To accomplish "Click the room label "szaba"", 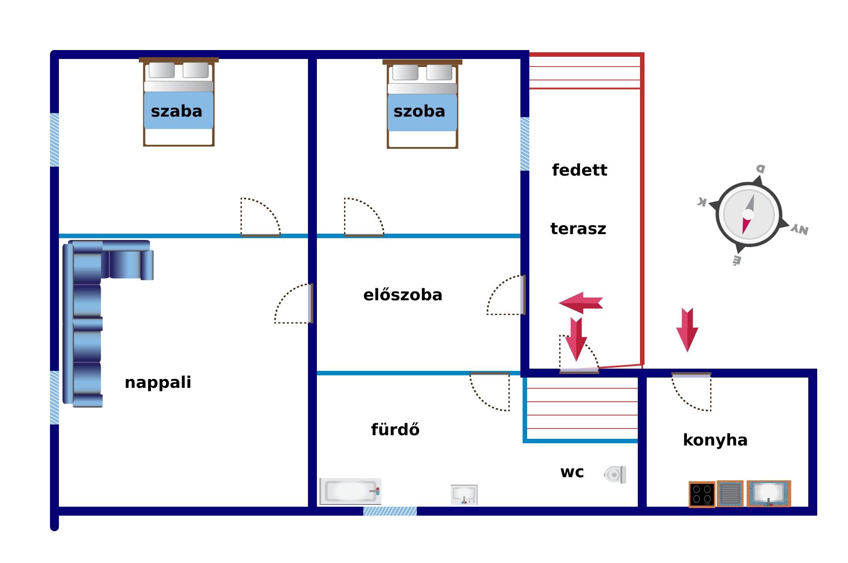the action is click(x=176, y=111).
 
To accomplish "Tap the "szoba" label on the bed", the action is click(x=419, y=111).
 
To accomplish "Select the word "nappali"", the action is click(x=158, y=382).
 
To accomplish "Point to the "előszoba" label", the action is click(x=403, y=294).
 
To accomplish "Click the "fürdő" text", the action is click(x=395, y=429).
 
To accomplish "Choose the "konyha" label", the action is click(x=715, y=440).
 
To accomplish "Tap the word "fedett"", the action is click(x=579, y=170).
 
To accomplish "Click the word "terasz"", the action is click(x=578, y=229).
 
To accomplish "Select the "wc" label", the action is click(x=572, y=472).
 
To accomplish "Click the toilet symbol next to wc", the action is click(x=615, y=475).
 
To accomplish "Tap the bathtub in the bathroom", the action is click(x=350, y=492).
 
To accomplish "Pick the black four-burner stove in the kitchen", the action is click(x=702, y=495).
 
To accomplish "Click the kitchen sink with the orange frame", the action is click(x=769, y=494).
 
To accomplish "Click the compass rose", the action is click(x=748, y=214).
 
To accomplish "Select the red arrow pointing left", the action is click(x=581, y=303).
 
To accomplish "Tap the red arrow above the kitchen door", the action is click(x=687, y=330).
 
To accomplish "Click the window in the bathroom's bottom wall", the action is click(x=390, y=511).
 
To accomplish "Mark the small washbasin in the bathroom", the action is click(x=464, y=495).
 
